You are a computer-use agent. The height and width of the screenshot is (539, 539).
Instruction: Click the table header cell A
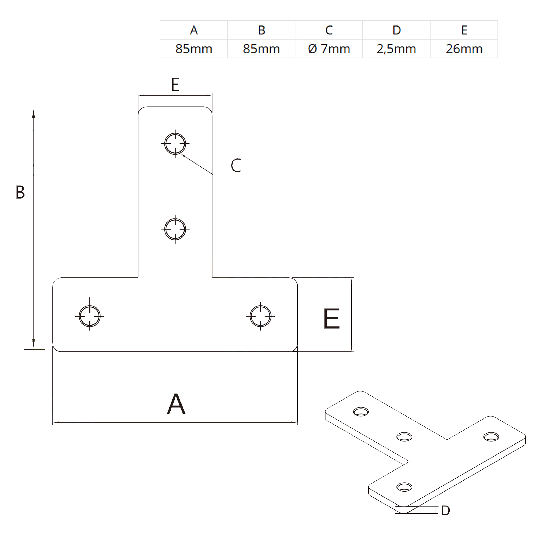194,30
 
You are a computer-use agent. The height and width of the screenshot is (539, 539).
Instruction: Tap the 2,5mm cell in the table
396,49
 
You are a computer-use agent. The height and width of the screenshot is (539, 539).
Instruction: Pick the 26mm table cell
464,49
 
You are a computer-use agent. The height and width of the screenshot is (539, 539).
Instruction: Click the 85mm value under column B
261,49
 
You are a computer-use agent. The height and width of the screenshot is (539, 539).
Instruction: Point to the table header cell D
396,30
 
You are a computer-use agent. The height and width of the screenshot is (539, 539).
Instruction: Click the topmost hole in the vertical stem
175,144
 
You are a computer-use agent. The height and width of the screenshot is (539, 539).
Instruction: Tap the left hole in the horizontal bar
89,316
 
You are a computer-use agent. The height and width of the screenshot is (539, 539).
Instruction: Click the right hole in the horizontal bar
260,316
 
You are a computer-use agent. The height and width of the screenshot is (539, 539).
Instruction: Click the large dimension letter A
176,404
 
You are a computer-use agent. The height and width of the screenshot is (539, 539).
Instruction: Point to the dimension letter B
20,193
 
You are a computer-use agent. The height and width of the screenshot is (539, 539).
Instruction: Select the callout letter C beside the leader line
236,165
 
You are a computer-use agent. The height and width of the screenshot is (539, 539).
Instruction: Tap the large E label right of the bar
331,319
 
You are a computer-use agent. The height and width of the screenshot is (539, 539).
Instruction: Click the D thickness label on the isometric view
445,511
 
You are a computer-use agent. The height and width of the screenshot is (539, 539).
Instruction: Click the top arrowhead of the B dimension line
33,113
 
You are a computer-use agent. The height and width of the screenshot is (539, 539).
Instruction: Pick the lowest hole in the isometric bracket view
404,487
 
